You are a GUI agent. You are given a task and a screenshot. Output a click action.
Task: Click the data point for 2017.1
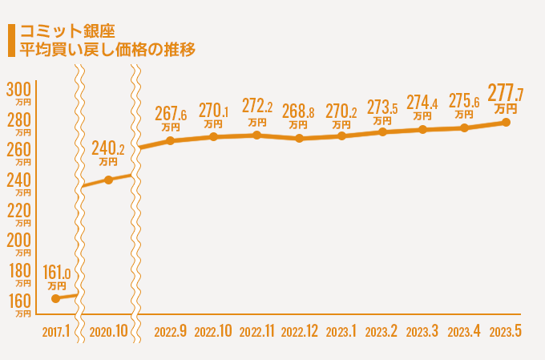[55, 298]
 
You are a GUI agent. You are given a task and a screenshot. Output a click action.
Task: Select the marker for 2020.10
[109, 180]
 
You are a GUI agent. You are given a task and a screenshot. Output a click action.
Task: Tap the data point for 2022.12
[299, 138]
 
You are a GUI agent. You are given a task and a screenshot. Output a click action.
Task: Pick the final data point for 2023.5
[507, 122]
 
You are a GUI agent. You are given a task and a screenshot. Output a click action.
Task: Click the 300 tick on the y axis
[18, 88]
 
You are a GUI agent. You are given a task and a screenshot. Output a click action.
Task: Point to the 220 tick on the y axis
[18, 211]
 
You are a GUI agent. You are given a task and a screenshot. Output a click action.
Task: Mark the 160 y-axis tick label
[18, 301]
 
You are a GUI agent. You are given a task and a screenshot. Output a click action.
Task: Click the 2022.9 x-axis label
[170, 332]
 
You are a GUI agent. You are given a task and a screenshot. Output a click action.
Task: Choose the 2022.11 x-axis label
[256, 332]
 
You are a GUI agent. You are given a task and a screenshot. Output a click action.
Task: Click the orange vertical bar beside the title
[9, 40]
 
